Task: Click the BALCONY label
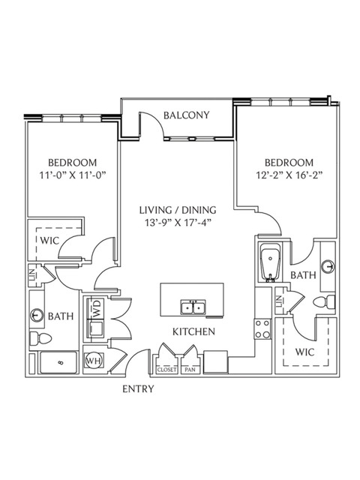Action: pyautogui.click(x=187, y=115)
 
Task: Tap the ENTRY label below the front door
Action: pyautogui.click(x=138, y=388)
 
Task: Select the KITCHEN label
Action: pyautogui.click(x=193, y=331)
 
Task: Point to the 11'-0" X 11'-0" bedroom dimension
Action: pyautogui.click(x=73, y=175)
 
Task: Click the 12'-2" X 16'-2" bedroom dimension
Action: pyautogui.click(x=289, y=175)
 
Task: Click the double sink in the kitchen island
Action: pyautogui.click(x=193, y=307)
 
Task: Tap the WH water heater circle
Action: pyautogui.click(x=94, y=361)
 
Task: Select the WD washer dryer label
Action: pyautogui.click(x=97, y=309)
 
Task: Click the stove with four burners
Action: pyautogui.click(x=262, y=328)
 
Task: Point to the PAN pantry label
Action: pyautogui.click(x=190, y=370)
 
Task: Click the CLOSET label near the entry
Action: pyautogui.click(x=166, y=370)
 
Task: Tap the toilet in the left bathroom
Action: pyautogui.click(x=40, y=339)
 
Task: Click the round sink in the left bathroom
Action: pyautogui.click(x=37, y=314)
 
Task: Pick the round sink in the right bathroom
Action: pyautogui.click(x=328, y=266)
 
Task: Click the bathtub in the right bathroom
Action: pyautogui.click(x=270, y=262)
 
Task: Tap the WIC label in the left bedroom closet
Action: pyautogui.click(x=49, y=241)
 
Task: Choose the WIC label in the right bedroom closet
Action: pyautogui.click(x=305, y=352)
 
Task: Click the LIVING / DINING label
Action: pyautogui.click(x=178, y=210)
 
